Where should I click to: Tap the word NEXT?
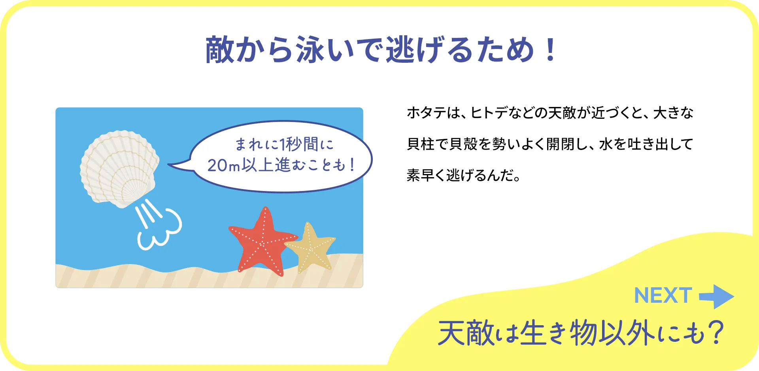pos(663,296)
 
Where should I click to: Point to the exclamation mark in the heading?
pos(550,50)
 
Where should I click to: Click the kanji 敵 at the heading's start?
pos(220,50)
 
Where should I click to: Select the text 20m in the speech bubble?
pos(224,165)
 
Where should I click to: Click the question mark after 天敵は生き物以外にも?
pos(716,333)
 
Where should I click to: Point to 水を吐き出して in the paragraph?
pos(646,144)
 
